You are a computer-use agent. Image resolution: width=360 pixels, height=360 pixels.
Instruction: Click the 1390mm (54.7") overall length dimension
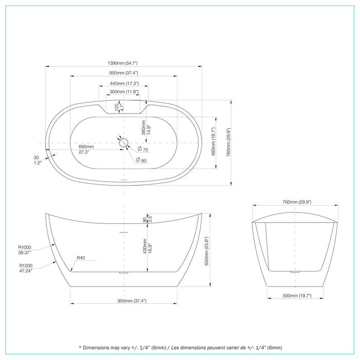[123, 62]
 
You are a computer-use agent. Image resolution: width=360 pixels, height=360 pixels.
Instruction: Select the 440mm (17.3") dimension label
[123, 83]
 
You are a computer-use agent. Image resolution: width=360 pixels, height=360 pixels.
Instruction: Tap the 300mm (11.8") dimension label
[123, 92]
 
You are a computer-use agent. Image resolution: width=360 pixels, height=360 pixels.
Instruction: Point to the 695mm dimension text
[86, 147]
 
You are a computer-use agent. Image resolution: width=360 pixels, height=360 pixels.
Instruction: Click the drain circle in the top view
[123, 142]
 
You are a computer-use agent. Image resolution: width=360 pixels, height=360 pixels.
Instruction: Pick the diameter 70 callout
[142, 150]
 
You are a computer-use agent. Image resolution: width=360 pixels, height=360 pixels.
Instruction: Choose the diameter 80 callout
[141, 160]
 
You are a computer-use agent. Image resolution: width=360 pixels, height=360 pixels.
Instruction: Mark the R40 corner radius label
[81, 258]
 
